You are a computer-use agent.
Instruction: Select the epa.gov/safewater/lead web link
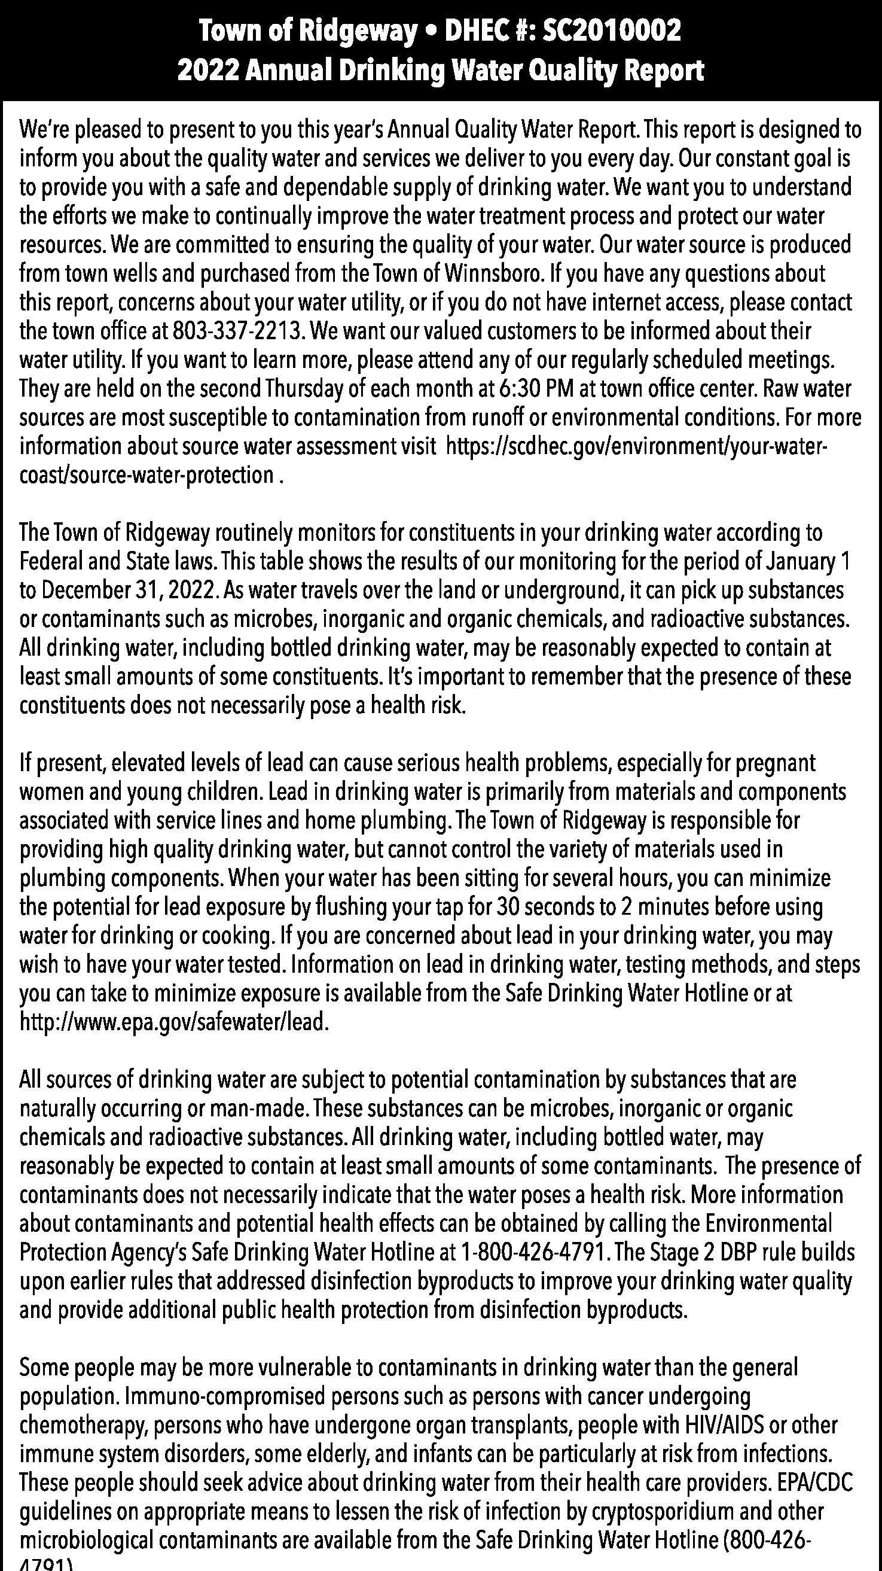175,1023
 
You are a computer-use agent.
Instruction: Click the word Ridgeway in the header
356,32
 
